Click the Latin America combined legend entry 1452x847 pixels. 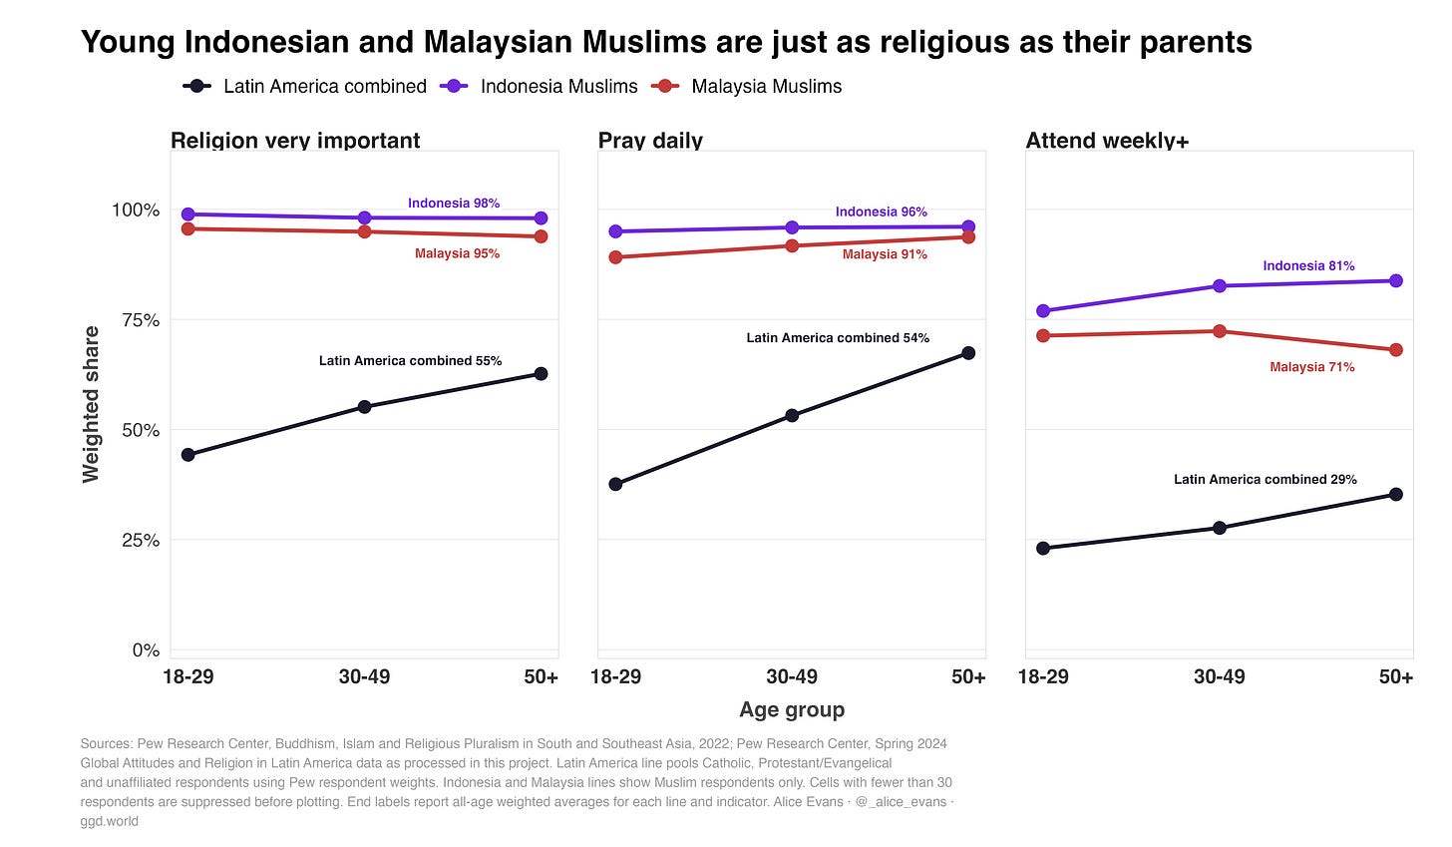click(305, 86)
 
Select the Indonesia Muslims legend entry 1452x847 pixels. click(539, 86)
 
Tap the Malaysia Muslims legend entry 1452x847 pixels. click(746, 86)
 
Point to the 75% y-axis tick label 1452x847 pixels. click(141, 320)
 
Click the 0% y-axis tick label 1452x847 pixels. click(146, 649)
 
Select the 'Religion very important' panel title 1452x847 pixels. click(295, 140)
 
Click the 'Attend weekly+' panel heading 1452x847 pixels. click(1107, 140)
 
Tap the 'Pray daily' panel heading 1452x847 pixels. click(650, 140)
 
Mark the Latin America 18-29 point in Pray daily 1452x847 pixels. click(616, 484)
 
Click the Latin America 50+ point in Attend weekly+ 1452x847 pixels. click(1396, 494)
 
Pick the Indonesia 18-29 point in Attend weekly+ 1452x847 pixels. click(1043, 310)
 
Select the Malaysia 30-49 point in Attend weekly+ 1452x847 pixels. click(1220, 331)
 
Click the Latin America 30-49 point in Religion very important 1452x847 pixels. click(364, 407)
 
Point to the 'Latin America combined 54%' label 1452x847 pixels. click(838, 338)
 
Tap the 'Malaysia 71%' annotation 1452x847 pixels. click(1312, 367)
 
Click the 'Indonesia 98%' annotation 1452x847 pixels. click(454, 203)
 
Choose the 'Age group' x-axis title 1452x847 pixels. click(792, 710)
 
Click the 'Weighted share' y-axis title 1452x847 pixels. click(91, 404)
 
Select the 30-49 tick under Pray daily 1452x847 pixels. click(792, 677)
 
